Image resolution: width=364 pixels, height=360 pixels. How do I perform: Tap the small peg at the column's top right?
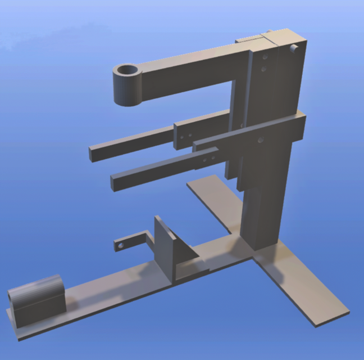pyautogui.click(x=293, y=49)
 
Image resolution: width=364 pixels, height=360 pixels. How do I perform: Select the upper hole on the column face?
pyautogui.click(x=263, y=57)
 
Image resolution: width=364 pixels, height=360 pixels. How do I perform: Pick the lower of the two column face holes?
pyautogui.click(x=263, y=69)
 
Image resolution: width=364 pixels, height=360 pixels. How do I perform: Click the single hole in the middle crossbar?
pyautogui.click(x=260, y=139)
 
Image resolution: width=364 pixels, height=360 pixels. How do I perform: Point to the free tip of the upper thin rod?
pyautogui.click(x=93, y=152)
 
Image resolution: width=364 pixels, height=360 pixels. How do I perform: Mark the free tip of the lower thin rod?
pyautogui.click(x=115, y=183)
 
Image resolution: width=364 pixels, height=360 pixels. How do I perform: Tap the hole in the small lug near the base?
pyautogui.click(x=121, y=246)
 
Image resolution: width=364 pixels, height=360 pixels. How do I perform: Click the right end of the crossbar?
pyautogui.click(x=301, y=127)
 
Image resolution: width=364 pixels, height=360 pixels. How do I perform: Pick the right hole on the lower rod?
pyautogui.click(x=212, y=159)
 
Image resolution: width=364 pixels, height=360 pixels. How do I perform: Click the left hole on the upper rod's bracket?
pyautogui.click(x=183, y=136)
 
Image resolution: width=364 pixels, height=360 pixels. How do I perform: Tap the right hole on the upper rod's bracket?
pyautogui.click(x=190, y=135)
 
